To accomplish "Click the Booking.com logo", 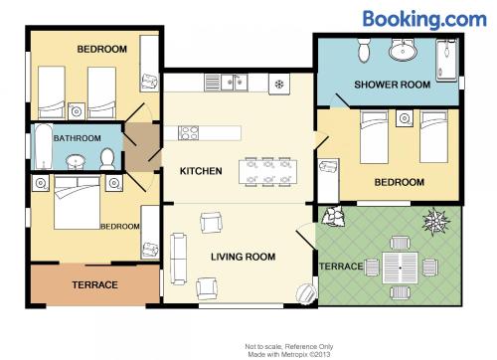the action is tap(424, 19).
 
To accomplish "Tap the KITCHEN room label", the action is tap(201, 171).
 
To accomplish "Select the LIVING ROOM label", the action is tap(244, 257).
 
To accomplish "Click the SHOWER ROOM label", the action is tap(393, 85).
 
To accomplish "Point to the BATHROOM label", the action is tap(78, 138).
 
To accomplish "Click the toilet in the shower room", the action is tap(364, 51).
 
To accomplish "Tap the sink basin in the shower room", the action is tap(403, 51).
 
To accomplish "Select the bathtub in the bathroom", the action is tap(44, 146).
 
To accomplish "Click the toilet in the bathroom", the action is tap(107, 159).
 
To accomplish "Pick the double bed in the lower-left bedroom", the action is tap(78, 203).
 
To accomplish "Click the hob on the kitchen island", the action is tap(188, 133).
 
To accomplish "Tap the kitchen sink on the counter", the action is tap(235, 83).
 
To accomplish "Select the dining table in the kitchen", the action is tap(267, 172).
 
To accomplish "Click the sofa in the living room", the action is tap(178, 259).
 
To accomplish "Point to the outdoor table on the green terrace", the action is tap(401, 268).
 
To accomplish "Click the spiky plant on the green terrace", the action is tap(435, 221).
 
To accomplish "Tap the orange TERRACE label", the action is tap(95, 284).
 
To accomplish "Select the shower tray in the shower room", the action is tap(447, 60).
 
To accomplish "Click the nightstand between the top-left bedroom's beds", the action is tap(77, 111).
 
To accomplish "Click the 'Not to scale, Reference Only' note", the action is tap(289, 347).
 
